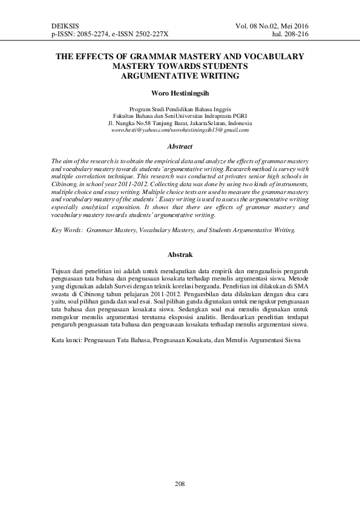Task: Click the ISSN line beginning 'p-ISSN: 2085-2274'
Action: [111, 36]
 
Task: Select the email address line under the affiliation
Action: [180, 130]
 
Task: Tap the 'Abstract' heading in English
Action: [180, 146]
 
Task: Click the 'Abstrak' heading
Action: [180, 255]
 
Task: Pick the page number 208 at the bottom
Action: [180, 484]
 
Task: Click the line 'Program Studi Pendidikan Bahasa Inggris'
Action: [180, 108]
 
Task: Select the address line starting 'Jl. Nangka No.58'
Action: [180, 122]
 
